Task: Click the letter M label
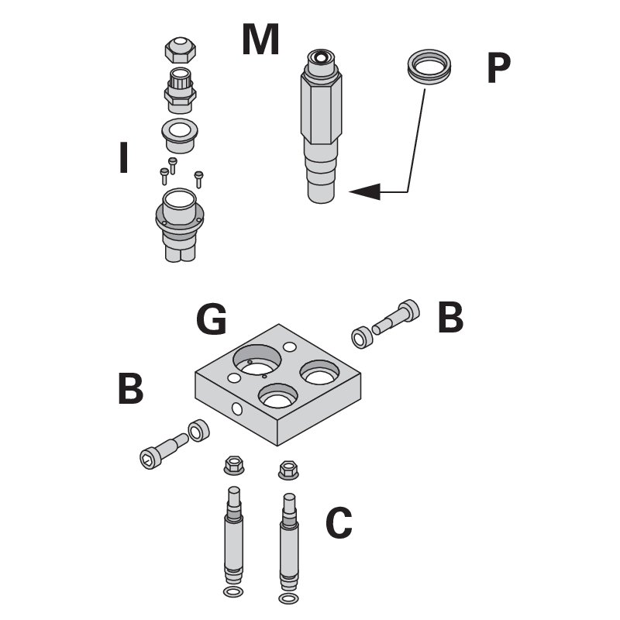tap(260, 40)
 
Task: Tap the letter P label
tap(498, 69)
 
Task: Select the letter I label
tap(122, 158)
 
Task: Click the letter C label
tap(339, 523)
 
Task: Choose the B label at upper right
tap(450, 318)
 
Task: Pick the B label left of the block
tap(130, 389)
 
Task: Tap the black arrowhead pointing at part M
tap(364, 191)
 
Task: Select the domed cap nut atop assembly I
tap(180, 50)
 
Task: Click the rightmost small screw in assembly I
tap(199, 178)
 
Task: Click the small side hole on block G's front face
tap(236, 408)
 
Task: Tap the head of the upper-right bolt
tap(410, 311)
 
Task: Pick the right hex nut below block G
tap(288, 470)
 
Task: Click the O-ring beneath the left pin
tap(231, 593)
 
